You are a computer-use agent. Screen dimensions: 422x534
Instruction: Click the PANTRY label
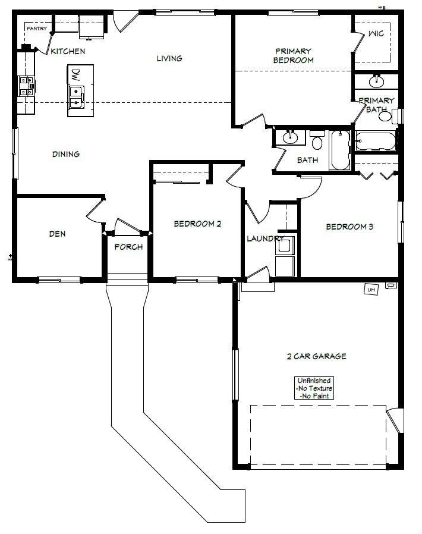pyautogui.click(x=37, y=29)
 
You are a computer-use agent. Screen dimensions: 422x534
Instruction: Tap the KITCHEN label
pyautogui.click(x=68, y=51)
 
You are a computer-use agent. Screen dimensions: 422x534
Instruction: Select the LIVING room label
pyautogui.click(x=169, y=59)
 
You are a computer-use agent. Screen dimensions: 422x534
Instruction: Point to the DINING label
pyautogui.click(x=66, y=154)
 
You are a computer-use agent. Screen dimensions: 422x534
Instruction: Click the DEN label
pyautogui.click(x=57, y=234)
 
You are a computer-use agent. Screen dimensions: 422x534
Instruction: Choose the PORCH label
pyautogui.click(x=128, y=247)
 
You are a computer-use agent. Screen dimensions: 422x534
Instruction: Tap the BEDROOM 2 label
pyautogui.click(x=197, y=224)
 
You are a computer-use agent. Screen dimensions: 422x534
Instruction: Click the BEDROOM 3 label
pyautogui.click(x=349, y=227)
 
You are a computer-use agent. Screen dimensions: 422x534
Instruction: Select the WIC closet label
pyautogui.click(x=376, y=33)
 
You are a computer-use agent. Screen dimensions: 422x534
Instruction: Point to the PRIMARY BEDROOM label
pyautogui.click(x=294, y=56)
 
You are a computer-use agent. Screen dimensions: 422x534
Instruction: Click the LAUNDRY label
pyautogui.click(x=265, y=238)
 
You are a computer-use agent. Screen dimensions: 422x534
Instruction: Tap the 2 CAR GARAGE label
pyautogui.click(x=316, y=357)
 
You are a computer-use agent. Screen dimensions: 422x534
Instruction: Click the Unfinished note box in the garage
pyautogui.click(x=314, y=388)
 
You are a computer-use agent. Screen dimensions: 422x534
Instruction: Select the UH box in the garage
pyautogui.click(x=371, y=290)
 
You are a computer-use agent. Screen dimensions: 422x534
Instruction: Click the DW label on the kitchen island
pyautogui.click(x=75, y=75)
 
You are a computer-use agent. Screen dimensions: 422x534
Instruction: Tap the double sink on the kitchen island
pyautogui.click(x=76, y=98)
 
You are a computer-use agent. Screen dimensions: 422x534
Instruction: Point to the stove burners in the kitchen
pyautogui.click(x=27, y=86)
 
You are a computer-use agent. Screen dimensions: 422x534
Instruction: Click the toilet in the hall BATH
pyautogui.click(x=317, y=140)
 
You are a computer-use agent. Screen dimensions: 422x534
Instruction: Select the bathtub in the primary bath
pyautogui.click(x=376, y=141)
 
